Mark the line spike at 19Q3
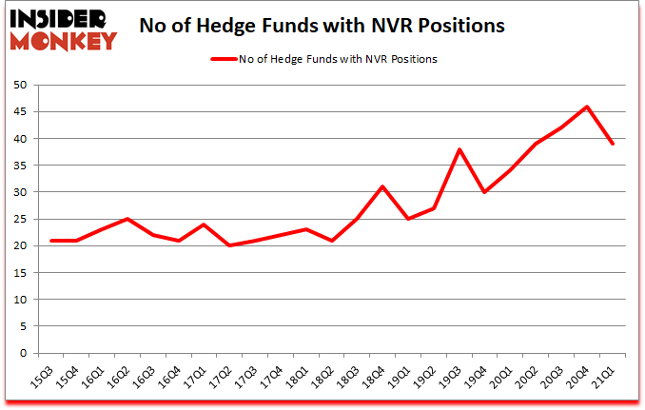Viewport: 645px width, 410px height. pyautogui.click(x=459, y=149)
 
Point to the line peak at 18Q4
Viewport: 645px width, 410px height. pyautogui.click(x=382, y=186)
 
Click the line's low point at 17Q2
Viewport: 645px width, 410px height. pyautogui.click(x=229, y=245)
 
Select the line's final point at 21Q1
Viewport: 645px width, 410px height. pyautogui.click(x=614, y=144)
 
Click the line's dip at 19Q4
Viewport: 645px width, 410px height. pyautogui.click(x=485, y=192)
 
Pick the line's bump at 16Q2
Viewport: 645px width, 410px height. pyautogui.click(x=127, y=219)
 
